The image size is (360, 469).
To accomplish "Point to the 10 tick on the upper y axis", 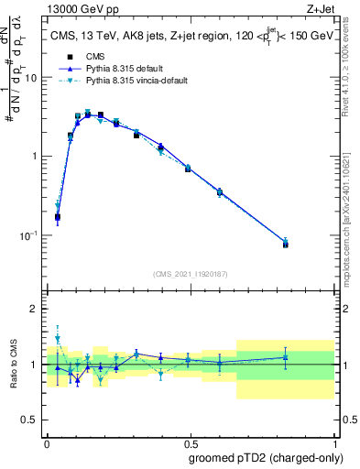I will click(x=32, y=78).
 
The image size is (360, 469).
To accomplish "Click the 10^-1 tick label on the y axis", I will click(x=29, y=235).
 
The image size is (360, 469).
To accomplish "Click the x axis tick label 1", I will click(x=333, y=443).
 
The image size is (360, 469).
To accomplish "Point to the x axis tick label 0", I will click(x=47, y=443).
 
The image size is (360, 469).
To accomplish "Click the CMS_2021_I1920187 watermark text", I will click(x=190, y=273).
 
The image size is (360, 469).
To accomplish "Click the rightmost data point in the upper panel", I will click(x=286, y=244).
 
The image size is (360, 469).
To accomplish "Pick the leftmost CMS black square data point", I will click(x=58, y=218).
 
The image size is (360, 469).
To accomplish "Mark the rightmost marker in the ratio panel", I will click(x=286, y=357).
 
